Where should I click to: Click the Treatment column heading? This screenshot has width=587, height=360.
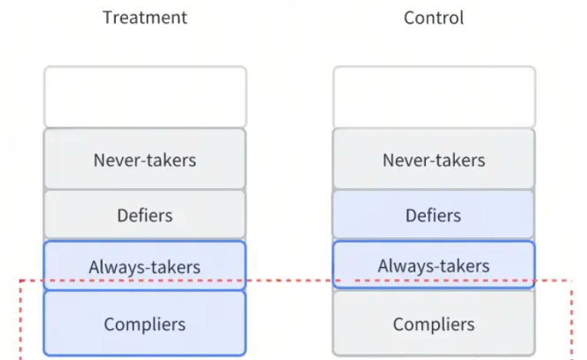pyautogui.click(x=145, y=18)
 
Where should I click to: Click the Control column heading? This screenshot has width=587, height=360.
pyautogui.click(x=434, y=18)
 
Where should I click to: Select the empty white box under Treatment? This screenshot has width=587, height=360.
pyautogui.click(x=145, y=97)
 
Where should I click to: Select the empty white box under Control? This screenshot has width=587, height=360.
pyautogui.click(x=434, y=97)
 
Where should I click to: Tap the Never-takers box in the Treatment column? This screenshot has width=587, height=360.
pyautogui.click(x=145, y=159)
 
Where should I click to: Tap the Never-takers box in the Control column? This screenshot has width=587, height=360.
pyautogui.click(x=434, y=159)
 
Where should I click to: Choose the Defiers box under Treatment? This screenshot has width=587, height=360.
pyautogui.click(x=145, y=215)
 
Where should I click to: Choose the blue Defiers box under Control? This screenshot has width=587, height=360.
pyautogui.click(x=434, y=215)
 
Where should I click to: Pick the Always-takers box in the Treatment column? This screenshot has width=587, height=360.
pyautogui.click(x=145, y=266)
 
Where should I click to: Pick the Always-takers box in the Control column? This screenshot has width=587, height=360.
pyautogui.click(x=434, y=265)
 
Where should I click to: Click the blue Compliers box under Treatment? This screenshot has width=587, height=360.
pyautogui.click(x=145, y=323)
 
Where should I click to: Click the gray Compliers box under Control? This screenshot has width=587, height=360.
pyautogui.click(x=434, y=323)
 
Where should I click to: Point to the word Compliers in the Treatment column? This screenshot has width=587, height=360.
pyautogui.click(x=145, y=325)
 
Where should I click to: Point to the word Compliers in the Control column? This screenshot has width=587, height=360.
pyautogui.click(x=434, y=325)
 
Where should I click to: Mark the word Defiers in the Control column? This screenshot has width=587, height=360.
pyautogui.click(x=434, y=216)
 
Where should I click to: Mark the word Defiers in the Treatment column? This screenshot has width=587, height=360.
pyautogui.click(x=145, y=216)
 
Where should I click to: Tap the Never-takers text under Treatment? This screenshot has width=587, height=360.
pyautogui.click(x=145, y=160)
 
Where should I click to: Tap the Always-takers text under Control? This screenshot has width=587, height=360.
pyautogui.click(x=434, y=266)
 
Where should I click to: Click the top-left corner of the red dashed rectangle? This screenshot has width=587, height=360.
pyautogui.click(x=20, y=281)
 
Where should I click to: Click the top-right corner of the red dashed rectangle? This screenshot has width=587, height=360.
pyautogui.click(x=572, y=281)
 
